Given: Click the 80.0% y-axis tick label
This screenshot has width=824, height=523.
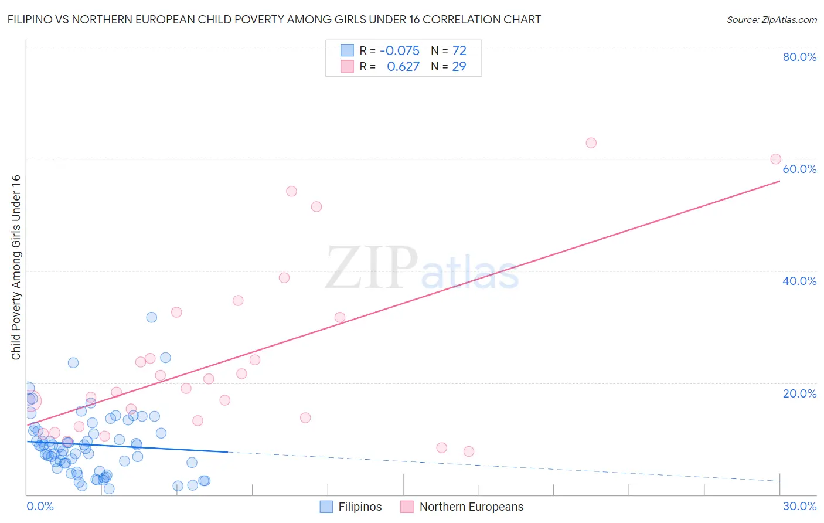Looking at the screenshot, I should click(799, 57).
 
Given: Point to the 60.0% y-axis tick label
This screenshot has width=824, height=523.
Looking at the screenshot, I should click(799, 169).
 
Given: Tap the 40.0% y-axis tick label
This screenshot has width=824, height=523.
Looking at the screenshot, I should click(799, 281).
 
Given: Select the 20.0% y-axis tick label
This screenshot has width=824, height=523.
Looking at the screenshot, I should click(799, 393).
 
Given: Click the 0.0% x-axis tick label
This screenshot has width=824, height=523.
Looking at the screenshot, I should click(40, 506).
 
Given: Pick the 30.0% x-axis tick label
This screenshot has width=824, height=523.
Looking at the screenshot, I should click(799, 506).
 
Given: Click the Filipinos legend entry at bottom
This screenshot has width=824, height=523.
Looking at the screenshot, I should click(351, 507).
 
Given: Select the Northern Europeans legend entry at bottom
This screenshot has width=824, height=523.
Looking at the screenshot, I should click(462, 507).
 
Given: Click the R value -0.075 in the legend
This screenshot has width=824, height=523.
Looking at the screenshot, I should click(400, 50).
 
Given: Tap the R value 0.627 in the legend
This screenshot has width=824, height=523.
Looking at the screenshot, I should click(403, 67).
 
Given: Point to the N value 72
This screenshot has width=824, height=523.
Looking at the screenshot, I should click(459, 50).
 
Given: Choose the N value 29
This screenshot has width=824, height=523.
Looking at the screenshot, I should click(459, 67).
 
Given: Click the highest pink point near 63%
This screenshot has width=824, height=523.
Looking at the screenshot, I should click(591, 143).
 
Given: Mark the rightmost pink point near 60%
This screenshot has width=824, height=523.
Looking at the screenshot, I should click(775, 159).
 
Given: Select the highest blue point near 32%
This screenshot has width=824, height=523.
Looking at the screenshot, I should click(151, 317).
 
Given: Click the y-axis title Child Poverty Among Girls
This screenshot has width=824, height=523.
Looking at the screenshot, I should click(16, 267).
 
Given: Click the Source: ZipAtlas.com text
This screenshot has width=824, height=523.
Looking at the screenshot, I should click(771, 19).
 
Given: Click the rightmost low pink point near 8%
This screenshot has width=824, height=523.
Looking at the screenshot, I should click(468, 451).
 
